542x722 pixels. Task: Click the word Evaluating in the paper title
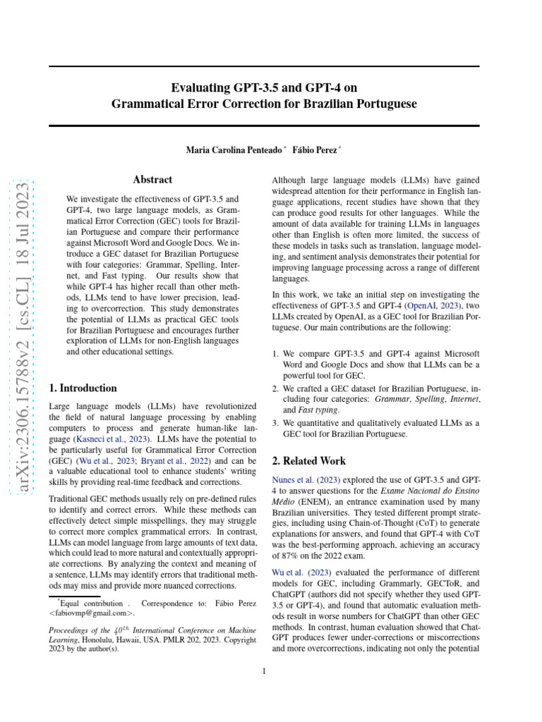pos(200,87)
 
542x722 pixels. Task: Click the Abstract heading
pos(152,180)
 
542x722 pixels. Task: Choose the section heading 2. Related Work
pos(309,461)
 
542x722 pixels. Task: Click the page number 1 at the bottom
pos(264,671)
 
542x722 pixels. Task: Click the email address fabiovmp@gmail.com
pos(89,613)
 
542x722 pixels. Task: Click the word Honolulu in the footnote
pos(100,640)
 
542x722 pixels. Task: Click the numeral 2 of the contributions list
pos(275,388)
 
